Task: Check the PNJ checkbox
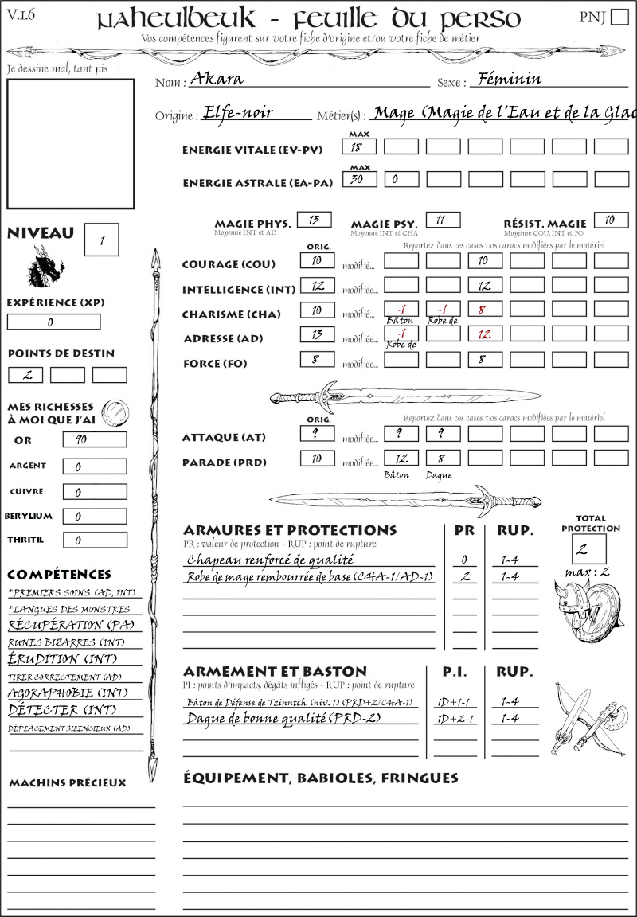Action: [x=619, y=18]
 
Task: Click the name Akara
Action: [x=217, y=79]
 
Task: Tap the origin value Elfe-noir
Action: [x=238, y=112]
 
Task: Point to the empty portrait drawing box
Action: [x=70, y=142]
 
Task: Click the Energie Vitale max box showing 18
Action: [x=359, y=146]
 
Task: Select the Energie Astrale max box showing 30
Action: [x=359, y=179]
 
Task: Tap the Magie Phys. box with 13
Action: [x=314, y=220]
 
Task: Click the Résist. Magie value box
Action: [x=610, y=220]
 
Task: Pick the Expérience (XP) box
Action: [x=53, y=322]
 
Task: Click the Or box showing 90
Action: [x=94, y=439]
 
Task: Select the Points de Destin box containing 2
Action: [x=25, y=375]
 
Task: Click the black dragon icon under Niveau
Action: [x=45, y=267]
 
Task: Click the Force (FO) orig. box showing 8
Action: [x=316, y=360]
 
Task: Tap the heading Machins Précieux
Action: [x=67, y=783]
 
